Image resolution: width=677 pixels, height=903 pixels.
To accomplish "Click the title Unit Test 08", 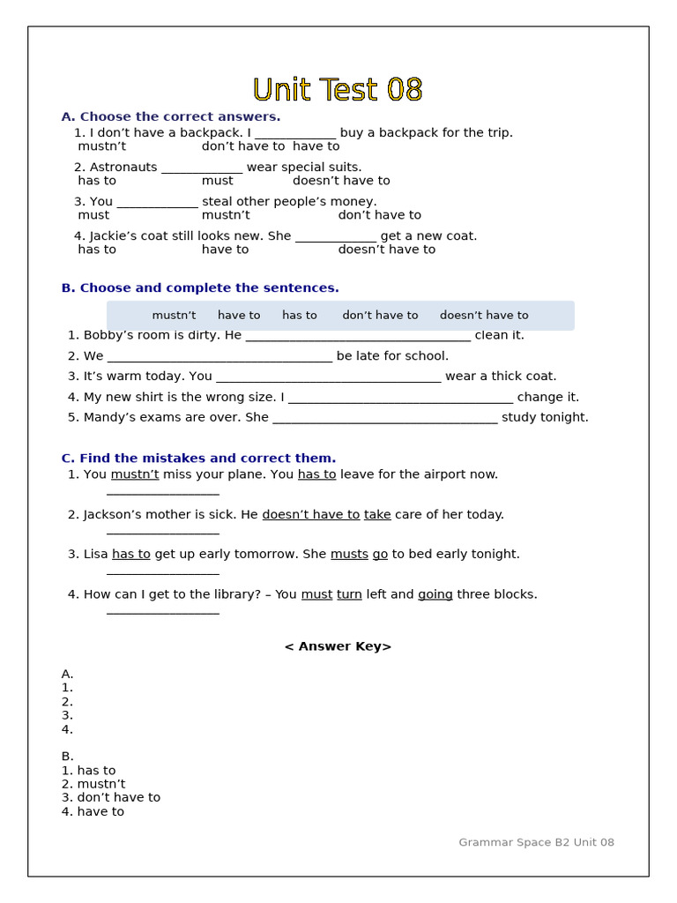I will (x=338, y=90).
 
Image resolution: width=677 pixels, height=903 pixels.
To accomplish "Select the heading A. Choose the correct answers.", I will (x=171, y=116).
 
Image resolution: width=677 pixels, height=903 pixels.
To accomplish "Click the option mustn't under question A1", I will (x=101, y=146).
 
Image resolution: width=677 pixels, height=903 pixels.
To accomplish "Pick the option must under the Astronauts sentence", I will (x=217, y=181).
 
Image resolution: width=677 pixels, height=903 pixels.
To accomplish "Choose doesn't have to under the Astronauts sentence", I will (x=341, y=181).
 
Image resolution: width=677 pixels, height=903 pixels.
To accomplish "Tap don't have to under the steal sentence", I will (x=379, y=215).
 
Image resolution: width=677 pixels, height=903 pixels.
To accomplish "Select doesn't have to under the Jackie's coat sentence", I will (x=386, y=250).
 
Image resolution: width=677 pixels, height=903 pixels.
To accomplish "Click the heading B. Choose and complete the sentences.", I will (x=200, y=288).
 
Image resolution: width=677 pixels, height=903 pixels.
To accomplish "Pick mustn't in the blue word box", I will (x=174, y=316).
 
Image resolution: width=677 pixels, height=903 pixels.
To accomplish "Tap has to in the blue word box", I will (x=299, y=316).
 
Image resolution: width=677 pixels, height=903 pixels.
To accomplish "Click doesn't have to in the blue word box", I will (x=484, y=316).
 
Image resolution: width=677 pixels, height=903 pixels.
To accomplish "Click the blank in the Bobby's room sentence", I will (x=358, y=336).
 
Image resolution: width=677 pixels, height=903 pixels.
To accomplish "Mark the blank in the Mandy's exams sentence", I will (x=385, y=418).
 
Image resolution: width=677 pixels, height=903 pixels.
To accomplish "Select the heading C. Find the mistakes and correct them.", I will (x=198, y=459).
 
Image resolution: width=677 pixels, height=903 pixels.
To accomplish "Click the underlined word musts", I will (x=349, y=555).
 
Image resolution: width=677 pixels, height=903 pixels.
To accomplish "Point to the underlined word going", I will (x=435, y=595).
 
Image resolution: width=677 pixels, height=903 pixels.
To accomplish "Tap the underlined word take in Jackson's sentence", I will (x=377, y=515).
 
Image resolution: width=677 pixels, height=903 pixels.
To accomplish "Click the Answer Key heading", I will (x=338, y=646).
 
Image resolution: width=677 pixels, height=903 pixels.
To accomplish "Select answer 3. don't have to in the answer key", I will (x=111, y=798).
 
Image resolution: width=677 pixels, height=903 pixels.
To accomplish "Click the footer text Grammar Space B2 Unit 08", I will (x=536, y=843).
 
